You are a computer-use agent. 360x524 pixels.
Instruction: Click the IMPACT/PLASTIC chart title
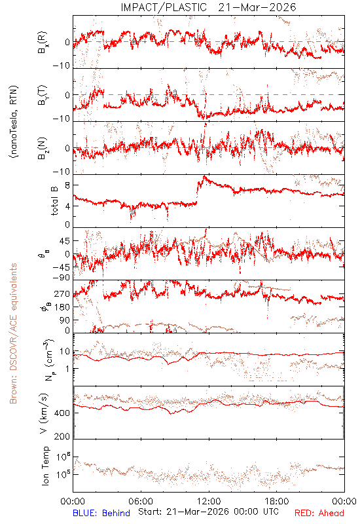click(208, 7)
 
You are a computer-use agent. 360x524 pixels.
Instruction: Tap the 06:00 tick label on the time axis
click(141, 501)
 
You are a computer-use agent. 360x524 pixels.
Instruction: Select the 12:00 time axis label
click(209, 501)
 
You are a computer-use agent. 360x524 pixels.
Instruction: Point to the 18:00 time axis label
click(277, 501)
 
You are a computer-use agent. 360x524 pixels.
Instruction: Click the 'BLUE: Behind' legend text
click(101, 513)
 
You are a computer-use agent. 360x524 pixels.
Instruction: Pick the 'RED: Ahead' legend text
click(319, 513)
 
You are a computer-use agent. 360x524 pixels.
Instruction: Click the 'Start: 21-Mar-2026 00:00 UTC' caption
click(208, 512)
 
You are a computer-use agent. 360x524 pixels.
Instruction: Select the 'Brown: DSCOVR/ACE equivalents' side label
click(13, 333)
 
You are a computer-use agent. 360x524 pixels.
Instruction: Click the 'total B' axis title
click(54, 201)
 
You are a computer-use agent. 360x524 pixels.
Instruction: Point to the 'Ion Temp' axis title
click(45, 466)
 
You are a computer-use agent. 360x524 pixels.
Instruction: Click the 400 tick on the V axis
click(62, 413)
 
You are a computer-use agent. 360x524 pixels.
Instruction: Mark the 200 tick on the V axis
click(62, 436)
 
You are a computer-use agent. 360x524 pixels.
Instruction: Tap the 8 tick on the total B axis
click(67, 185)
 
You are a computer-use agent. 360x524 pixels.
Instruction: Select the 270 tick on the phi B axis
click(62, 294)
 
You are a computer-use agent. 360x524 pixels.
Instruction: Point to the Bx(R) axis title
click(43, 43)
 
